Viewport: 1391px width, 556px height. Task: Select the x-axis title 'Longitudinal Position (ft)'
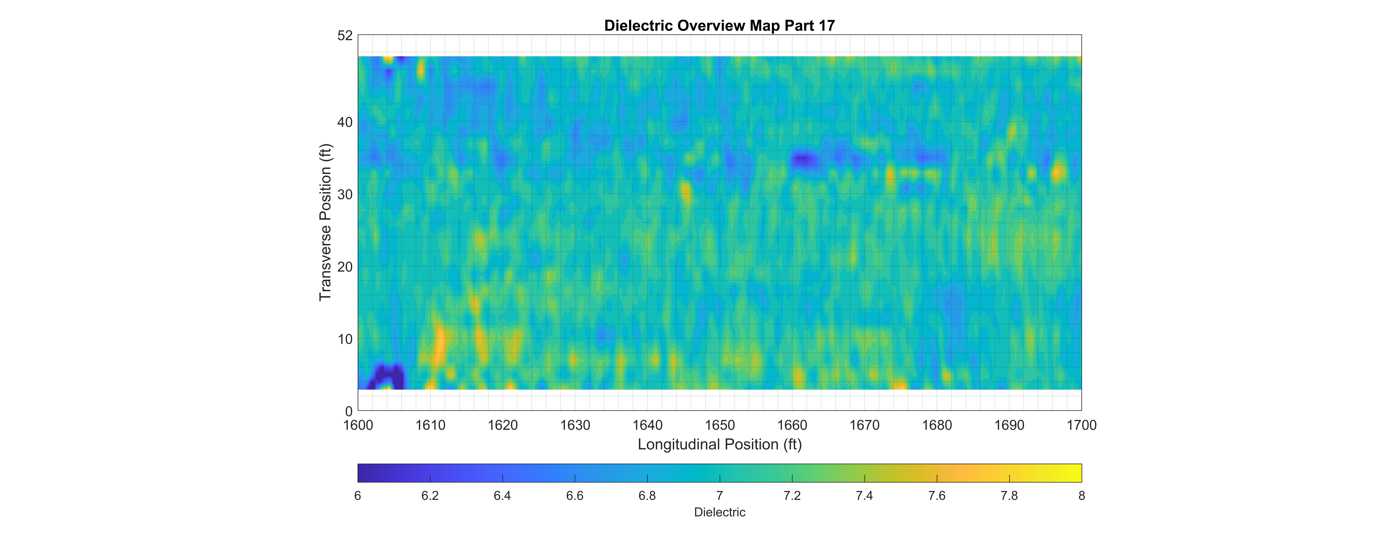coord(719,444)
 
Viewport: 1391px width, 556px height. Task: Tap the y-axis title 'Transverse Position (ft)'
coord(325,222)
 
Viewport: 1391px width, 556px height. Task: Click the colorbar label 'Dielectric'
coord(719,512)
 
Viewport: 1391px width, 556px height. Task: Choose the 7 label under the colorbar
coord(719,496)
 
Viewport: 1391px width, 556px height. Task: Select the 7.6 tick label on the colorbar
coord(937,496)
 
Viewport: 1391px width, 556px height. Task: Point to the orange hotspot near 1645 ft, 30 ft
coord(686,193)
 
